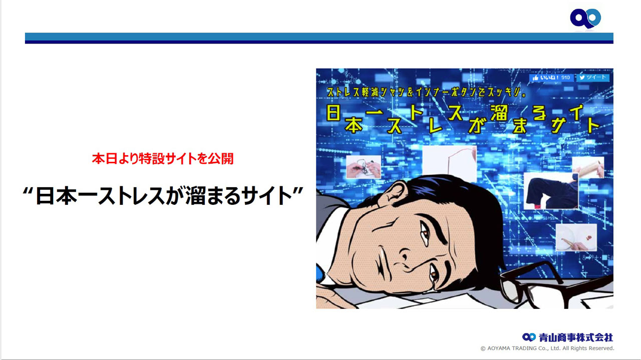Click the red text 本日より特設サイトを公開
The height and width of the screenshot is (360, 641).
(163, 159)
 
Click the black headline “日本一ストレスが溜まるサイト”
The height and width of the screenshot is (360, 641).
(163, 195)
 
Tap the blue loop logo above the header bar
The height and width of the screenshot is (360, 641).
(585, 19)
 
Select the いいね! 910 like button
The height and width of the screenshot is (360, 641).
(551, 78)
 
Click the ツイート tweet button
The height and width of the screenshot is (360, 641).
(592, 78)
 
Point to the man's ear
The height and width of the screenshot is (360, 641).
(394, 193)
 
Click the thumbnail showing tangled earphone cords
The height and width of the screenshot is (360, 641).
(364, 167)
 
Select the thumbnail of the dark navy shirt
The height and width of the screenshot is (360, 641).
(551, 191)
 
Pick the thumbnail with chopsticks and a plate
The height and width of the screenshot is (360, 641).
(576, 237)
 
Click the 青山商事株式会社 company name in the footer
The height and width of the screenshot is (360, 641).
(576, 337)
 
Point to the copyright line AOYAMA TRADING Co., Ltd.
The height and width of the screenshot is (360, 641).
(547, 348)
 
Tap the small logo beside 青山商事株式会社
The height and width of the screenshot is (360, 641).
(529, 337)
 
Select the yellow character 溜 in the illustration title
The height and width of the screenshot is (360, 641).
(499, 113)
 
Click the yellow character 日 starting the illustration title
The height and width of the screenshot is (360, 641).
(334, 113)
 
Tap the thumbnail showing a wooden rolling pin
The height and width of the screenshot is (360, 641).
(588, 168)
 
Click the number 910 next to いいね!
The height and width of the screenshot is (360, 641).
(565, 78)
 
